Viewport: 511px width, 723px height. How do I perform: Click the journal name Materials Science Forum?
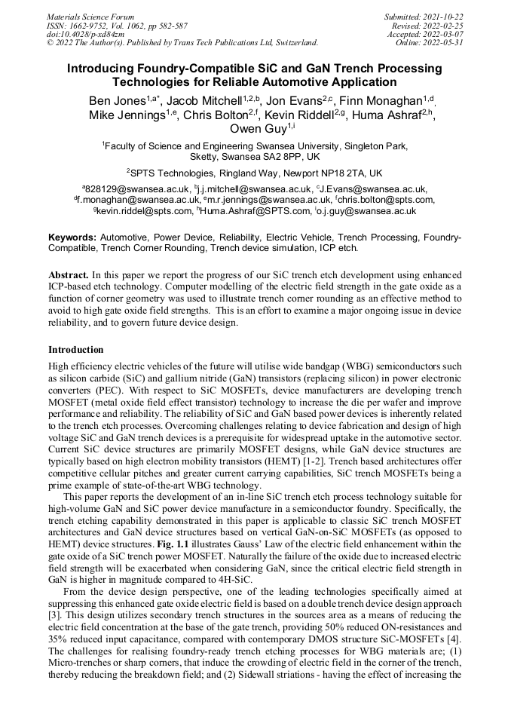90,16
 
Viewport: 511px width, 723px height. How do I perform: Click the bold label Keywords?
72,237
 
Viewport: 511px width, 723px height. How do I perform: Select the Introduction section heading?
75,350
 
